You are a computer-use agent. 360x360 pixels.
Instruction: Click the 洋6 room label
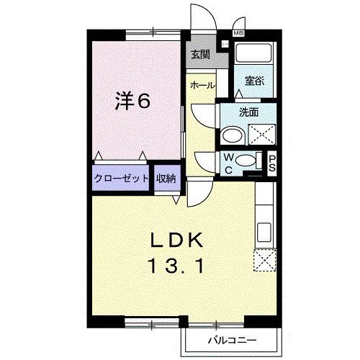(x=133, y=102)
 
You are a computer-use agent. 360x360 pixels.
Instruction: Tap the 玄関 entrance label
(x=200, y=55)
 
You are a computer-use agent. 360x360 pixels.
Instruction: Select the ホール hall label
(x=202, y=85)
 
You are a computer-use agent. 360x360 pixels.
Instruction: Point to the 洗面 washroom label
(x=249, y=112)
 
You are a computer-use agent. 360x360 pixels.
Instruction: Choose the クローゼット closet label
(x=121, y=178)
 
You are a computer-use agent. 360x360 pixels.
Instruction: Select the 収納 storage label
(x=166, y=178)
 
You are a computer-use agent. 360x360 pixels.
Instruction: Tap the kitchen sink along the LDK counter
(x=263, y=233)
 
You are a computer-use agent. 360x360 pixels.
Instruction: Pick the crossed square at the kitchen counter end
(x=264, y=259)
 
